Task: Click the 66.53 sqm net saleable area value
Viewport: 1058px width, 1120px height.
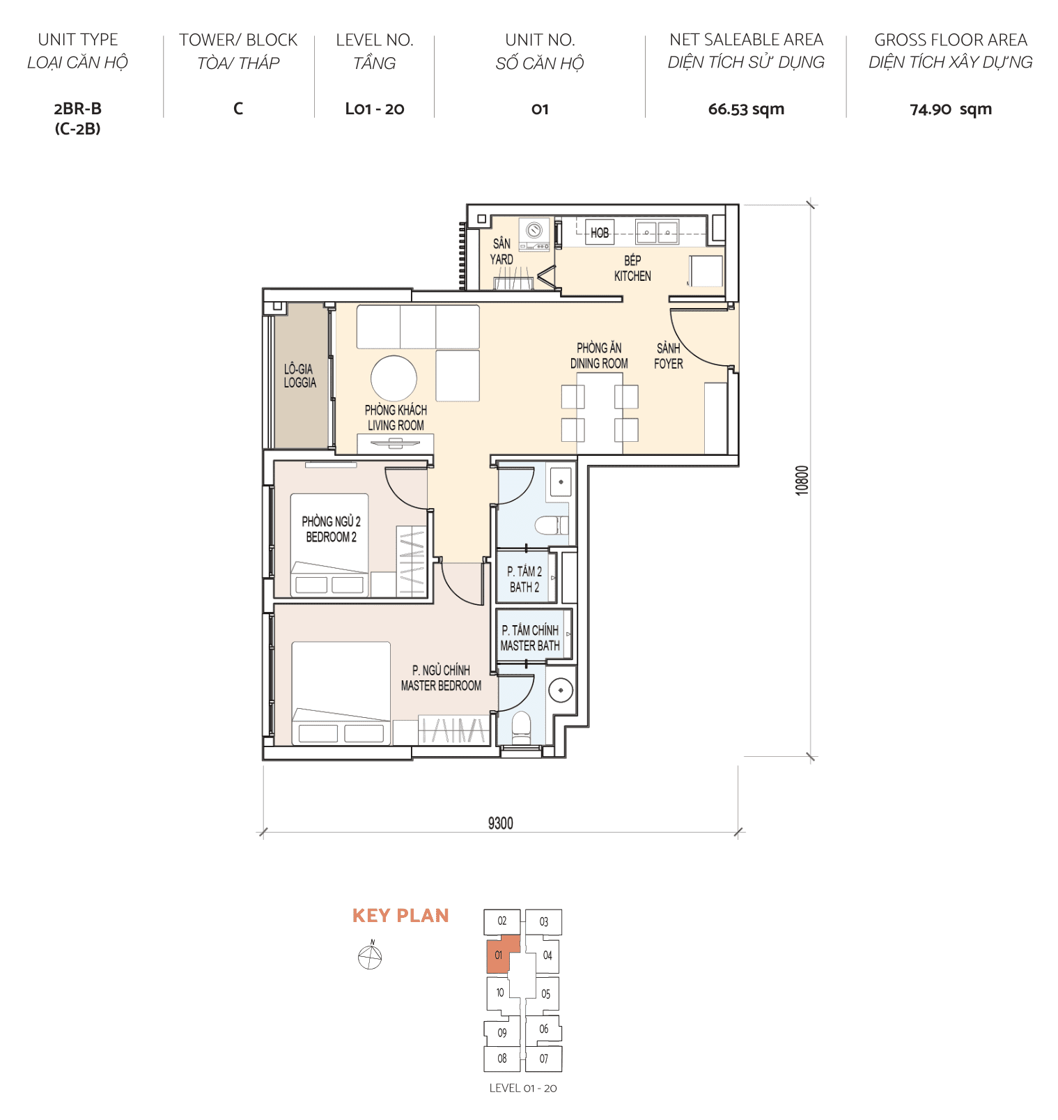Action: tap(745, 109)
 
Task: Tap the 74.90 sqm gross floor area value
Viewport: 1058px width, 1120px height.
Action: tap(950, 109)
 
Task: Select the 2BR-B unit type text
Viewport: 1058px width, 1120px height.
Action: tap(77, 109)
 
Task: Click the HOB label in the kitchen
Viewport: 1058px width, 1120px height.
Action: tap(599, 233)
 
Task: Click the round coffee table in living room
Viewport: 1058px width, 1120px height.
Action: tap(394, 378)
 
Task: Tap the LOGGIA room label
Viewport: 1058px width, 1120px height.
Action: tap(299, 383)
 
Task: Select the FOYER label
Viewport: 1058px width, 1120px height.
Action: tap(668, 363)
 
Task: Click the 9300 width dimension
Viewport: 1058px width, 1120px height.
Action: tap(500, 823)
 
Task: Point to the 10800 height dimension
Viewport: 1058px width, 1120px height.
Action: tap(802, 480)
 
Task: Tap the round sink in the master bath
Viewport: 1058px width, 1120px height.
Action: tap(560, 691)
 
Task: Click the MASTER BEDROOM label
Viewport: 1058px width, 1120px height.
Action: tap(441, 686)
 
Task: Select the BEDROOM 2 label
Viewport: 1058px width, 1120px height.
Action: tap(331, 537)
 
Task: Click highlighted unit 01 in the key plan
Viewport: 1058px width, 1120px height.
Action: tap(499, 955)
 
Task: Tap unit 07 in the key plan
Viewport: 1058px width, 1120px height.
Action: tap(543, 1059)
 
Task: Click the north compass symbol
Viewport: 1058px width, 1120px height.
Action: tap(370, 958)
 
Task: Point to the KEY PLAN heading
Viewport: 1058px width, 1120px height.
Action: tap(400, 916)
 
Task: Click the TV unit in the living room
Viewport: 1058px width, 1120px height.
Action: tap(395, 443)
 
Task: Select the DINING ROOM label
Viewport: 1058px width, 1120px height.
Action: tap(599, 363)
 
